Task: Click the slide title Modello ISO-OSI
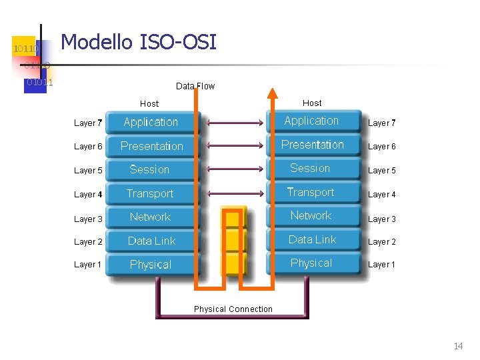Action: tap(139, 43)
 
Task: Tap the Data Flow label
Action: tap(195, 86)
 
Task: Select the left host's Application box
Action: tap(151, 122)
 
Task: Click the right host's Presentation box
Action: tap(312, 145)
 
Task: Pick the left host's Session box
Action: tap(149, 169)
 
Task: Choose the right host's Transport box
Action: tap(311, 192)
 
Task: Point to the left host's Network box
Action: tap(150, 217)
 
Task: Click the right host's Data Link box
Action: tap(312, 239)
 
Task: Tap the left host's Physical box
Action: tap(150, 265)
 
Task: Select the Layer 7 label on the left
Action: tap(88, 123)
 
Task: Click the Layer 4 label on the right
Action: tap(382, 195)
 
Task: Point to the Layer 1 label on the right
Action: tap(382, 265)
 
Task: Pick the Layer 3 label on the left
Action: tap(88, 219)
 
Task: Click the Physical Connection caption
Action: tap(233, 309)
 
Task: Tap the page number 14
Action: tap(458, 346)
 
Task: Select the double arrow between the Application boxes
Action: tap(237, 123)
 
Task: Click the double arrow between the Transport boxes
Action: tap(237, 193)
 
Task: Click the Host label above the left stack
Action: tap(149, 103)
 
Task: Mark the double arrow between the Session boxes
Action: tap(237, 169)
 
